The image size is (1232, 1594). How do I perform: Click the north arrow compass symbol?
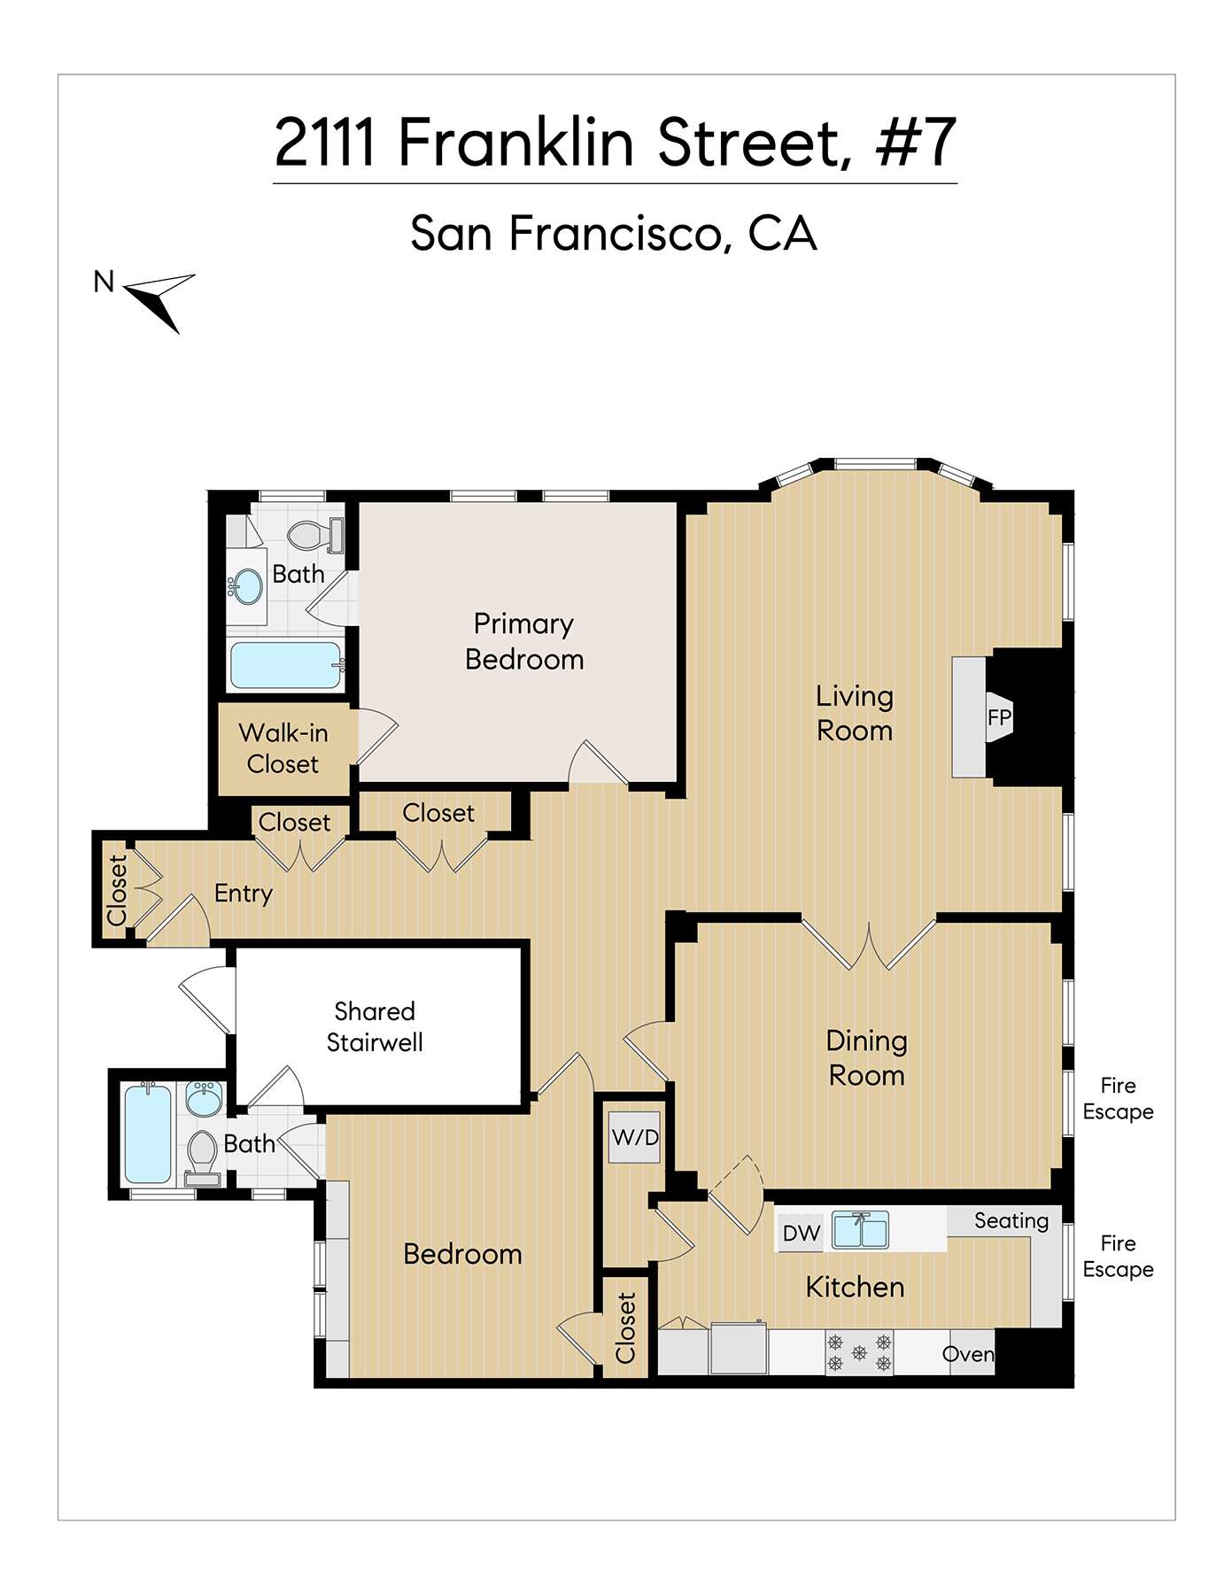(160, 298)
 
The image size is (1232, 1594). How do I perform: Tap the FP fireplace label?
(999, 717)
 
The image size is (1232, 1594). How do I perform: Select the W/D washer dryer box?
(635, 1137)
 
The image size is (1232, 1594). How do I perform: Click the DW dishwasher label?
(801, 1234)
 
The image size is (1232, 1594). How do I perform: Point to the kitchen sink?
(860, 1230)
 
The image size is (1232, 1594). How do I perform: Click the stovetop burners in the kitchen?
(859, 1352)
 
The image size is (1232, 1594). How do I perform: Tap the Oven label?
(968, 1354)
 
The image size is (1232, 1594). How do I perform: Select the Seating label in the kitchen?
(1011, 1220)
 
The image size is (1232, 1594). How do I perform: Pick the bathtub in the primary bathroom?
(285, 665)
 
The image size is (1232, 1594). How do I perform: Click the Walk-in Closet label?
(283, 748)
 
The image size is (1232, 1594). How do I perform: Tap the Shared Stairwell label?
(375, 1026)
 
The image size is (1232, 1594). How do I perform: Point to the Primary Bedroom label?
(523, 641)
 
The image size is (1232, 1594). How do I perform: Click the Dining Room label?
(866, 1057)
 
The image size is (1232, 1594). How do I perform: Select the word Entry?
(243, 893)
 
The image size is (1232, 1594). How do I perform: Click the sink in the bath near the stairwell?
(205, 1100)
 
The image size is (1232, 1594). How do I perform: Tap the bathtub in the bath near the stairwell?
(148, 1134)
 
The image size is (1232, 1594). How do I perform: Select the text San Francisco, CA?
(613, 234)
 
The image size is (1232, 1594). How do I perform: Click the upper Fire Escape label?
(1118, 1098)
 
